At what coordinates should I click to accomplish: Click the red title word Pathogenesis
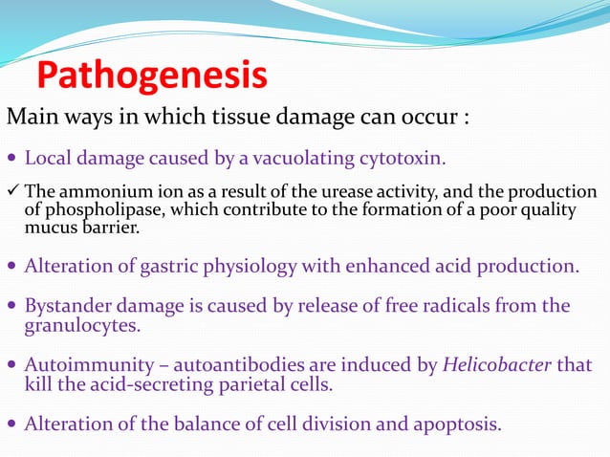pyautogui.click(x=151, y=76)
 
